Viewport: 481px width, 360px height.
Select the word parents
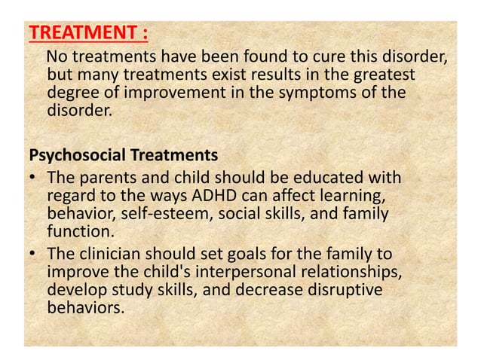(x=104, y=178)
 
